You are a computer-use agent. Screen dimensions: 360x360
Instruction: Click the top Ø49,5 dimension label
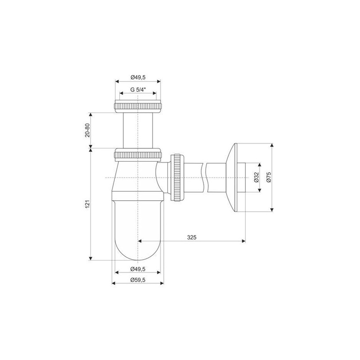138,77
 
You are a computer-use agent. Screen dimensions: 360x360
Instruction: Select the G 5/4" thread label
138,90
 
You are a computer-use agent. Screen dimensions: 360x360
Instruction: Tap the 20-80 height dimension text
87,130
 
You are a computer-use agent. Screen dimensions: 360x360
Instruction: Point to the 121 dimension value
87,204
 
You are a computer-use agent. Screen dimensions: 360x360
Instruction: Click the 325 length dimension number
192,238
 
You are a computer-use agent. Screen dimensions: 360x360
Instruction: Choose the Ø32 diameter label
256,177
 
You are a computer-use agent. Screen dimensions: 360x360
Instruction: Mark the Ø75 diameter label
269,177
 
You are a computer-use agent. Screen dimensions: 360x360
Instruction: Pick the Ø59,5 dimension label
138,280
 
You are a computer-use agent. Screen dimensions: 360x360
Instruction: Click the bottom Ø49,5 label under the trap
138,269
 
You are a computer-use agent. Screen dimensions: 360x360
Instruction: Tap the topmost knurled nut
138,106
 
